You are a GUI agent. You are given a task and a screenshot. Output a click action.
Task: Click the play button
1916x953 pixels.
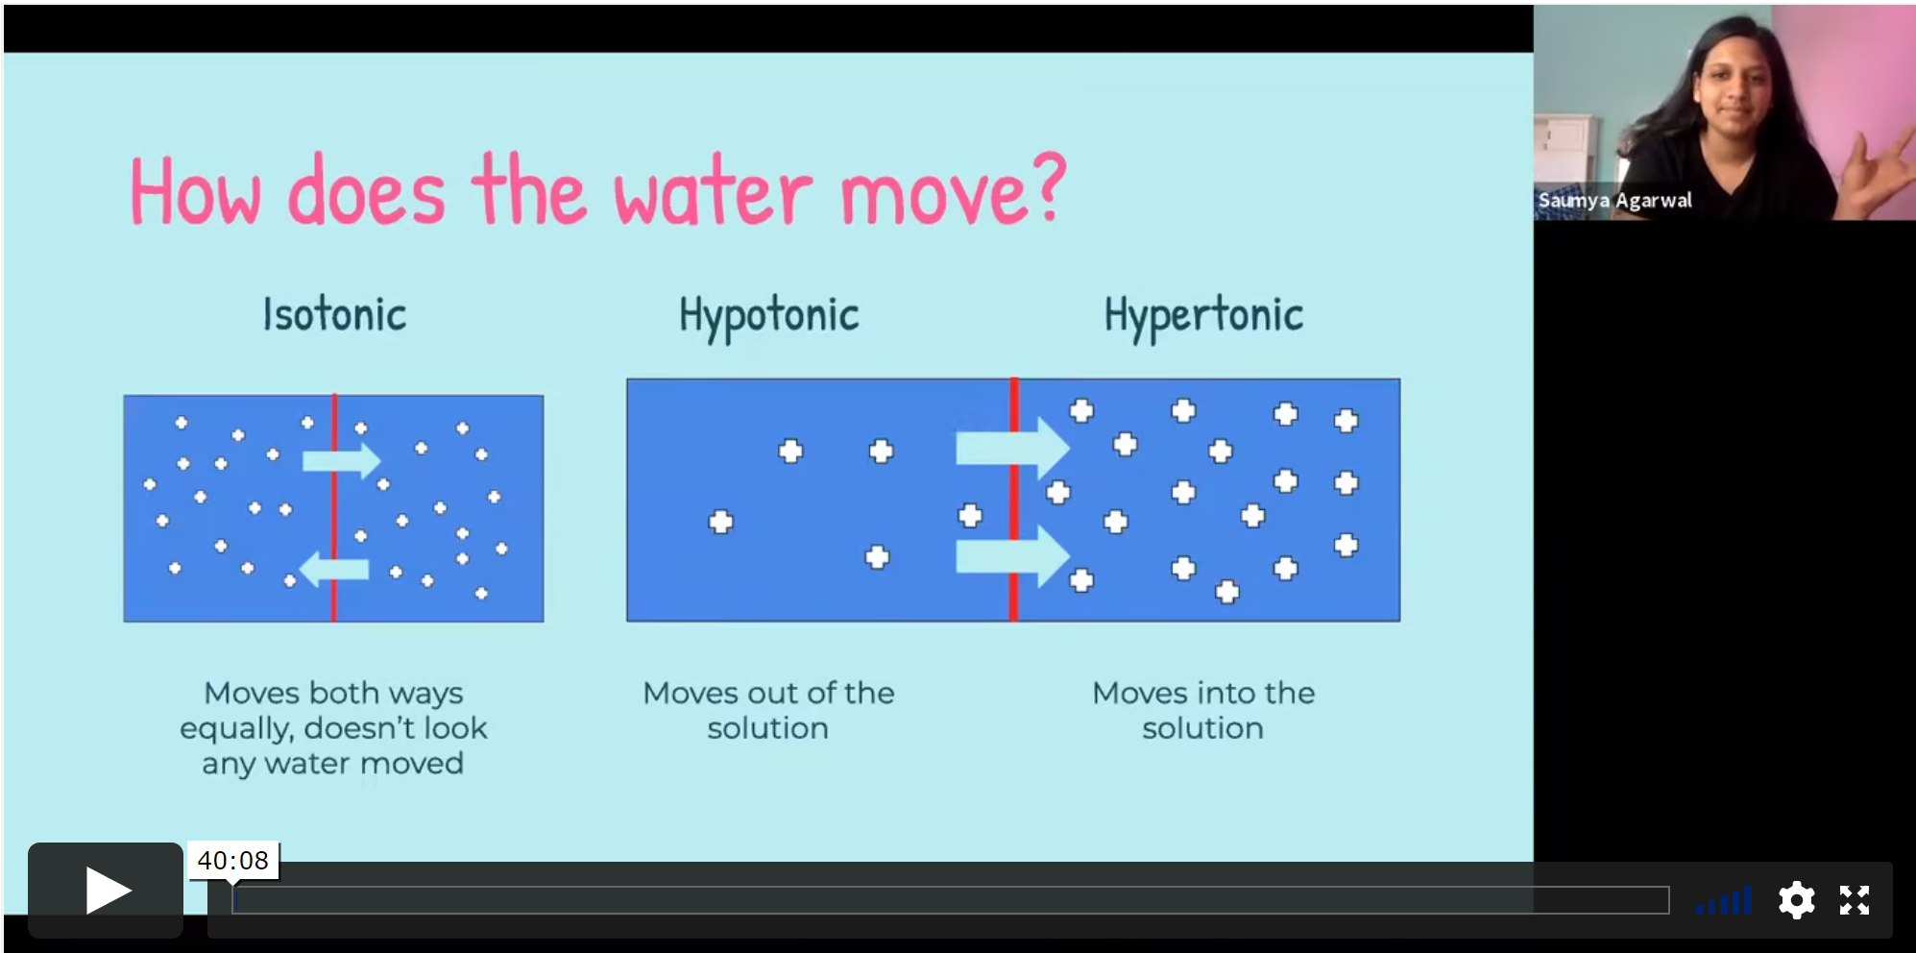click(106, 890)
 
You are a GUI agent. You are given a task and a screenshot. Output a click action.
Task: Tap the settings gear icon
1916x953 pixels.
click(1796, 900)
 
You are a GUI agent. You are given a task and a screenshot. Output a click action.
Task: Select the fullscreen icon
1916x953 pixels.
click(1855, 900)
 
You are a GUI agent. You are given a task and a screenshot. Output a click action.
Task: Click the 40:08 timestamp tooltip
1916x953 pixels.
click(233, 860)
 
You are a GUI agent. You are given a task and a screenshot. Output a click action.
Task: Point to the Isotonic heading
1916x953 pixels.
click(334, 315)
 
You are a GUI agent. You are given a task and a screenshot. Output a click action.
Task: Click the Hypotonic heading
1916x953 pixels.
click(768, 316)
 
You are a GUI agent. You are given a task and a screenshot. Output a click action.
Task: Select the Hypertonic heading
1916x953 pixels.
click(1203, 316)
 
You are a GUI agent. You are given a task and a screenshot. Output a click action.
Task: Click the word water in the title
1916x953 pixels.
click(713, 192)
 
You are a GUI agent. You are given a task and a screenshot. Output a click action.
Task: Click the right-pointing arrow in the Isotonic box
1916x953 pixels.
click(342, 461)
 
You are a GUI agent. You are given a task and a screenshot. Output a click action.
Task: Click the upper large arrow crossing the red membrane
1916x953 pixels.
click(1012, 448)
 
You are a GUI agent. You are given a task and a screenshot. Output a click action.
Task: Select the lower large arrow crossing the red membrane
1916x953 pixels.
click(1012, 556)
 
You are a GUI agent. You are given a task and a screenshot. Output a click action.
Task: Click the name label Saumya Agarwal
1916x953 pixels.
click(1614, 201)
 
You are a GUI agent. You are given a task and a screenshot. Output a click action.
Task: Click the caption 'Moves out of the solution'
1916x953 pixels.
click(768, 710)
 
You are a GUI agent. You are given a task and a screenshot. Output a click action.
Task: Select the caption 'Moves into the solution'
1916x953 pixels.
click(1203, 710)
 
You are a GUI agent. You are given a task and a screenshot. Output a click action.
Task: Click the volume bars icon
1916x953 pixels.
click(1725, 901)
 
